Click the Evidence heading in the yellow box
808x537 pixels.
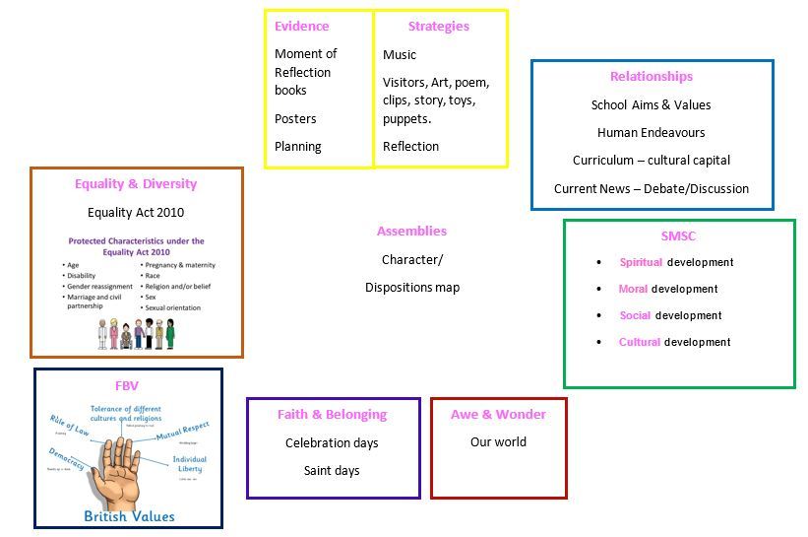click(301, 27)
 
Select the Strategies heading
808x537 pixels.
click(438, 27)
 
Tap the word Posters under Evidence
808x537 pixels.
click(295, 118)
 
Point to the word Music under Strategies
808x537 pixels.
click(400, 55)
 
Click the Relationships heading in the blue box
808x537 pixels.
click(651, 77)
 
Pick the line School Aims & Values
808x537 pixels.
click(651, 105)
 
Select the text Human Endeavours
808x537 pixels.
click(651, 133)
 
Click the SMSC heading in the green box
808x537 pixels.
click(678, 236)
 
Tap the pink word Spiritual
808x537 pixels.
click(641, 263)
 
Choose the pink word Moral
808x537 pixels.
click(633, 290)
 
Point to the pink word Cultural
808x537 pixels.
click(640, 343)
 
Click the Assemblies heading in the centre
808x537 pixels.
click(411, 232)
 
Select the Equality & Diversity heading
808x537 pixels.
click(136, 184)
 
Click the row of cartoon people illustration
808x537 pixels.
click(136, 333)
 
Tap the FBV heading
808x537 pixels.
click(128, 385)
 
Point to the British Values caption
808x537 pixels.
click(129, 516)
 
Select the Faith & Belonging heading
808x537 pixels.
click(332, 415)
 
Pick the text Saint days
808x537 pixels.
click(332, 471)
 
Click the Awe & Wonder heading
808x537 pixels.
click(498, 415)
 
